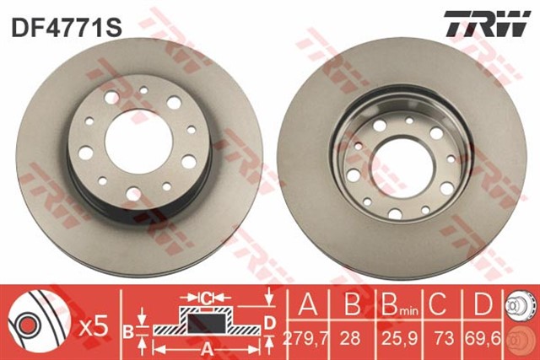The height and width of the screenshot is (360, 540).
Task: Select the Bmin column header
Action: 392,303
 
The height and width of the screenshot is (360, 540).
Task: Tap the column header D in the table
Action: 481,303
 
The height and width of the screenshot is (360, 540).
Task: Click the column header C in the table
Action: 439,303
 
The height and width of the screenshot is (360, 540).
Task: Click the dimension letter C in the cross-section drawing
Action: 205,298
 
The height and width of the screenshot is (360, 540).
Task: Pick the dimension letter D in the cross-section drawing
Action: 269,321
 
